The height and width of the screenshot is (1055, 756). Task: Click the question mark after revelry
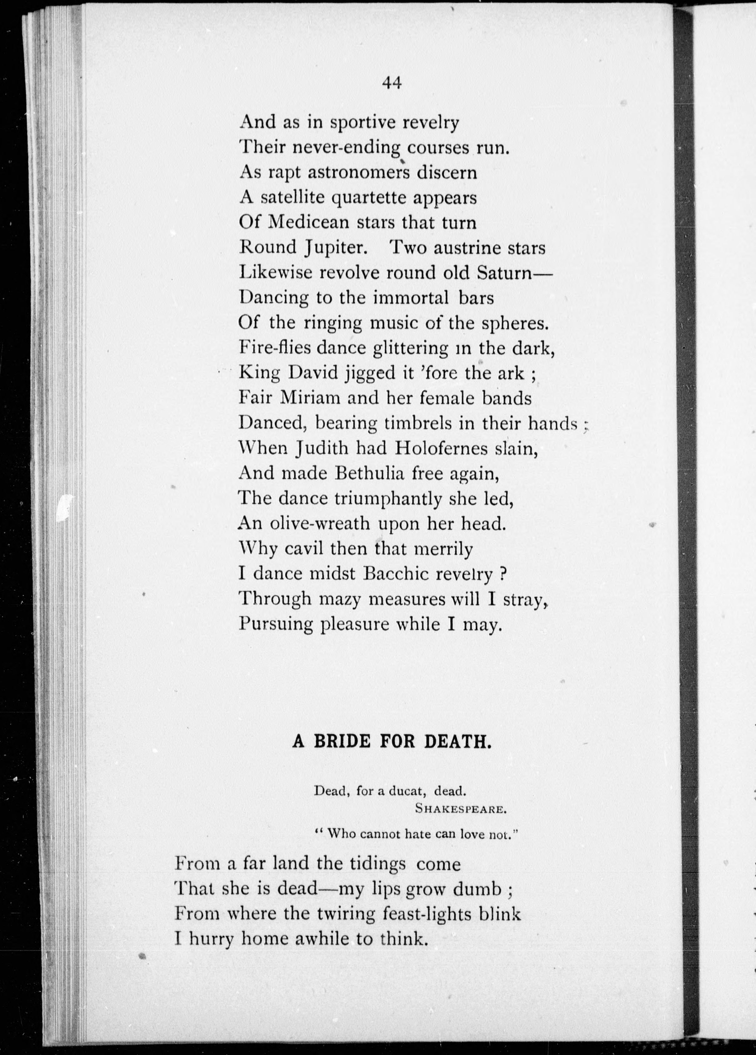click(x=502, y=574)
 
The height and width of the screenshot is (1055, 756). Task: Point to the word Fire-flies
click(x=268, y=347)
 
